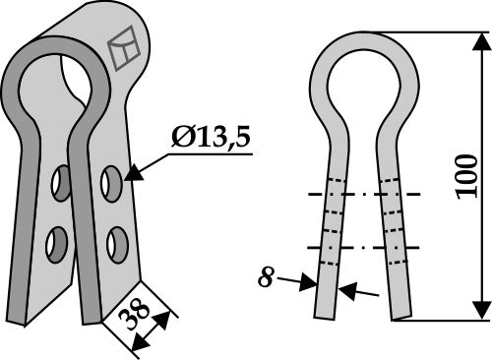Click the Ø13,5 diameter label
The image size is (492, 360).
coord(210,138)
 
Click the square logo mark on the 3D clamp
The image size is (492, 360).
coord(125,50)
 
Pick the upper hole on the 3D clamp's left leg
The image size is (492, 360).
coord(62,181)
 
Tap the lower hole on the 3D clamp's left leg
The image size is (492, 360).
coord(57,242)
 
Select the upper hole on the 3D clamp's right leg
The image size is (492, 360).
coord(110,181)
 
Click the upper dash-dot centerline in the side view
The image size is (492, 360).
coord(364,194)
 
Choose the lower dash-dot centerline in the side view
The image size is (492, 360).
coord(364,247)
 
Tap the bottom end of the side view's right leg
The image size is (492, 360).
coord(401,315)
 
